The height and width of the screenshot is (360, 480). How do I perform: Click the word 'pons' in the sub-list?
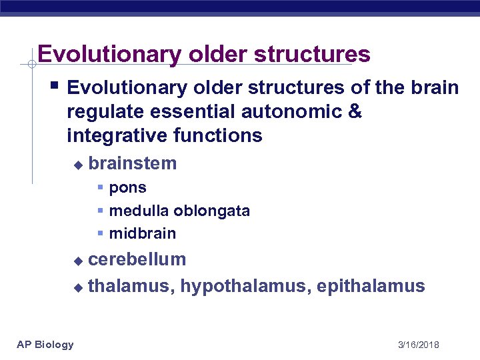[x=127, y=189]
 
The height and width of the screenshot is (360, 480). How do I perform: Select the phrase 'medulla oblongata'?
[x=179, y=211]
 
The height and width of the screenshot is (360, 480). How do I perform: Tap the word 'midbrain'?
[x=143, y=234]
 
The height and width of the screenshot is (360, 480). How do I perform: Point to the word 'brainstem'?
[x=132, y=163]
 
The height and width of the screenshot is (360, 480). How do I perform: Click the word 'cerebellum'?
[x=137, y=259]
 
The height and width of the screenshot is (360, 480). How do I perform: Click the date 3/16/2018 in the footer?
[x=418, y=345]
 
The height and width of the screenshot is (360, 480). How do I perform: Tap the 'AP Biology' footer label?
[x=45, y=344]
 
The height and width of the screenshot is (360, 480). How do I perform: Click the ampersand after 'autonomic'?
[x=355, y=112]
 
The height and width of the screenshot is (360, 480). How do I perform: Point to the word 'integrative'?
[x=117, y=136]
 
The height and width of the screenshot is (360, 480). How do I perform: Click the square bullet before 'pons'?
[x=100, y=189]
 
